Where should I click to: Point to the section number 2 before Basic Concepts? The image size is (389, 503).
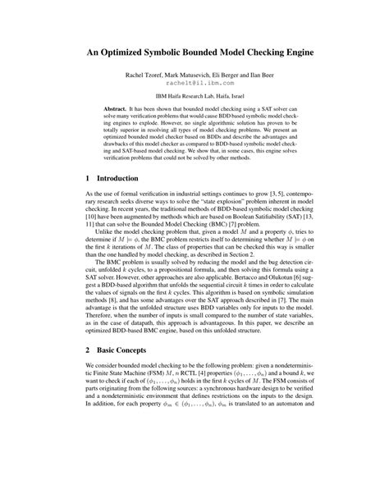coord(88,418)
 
